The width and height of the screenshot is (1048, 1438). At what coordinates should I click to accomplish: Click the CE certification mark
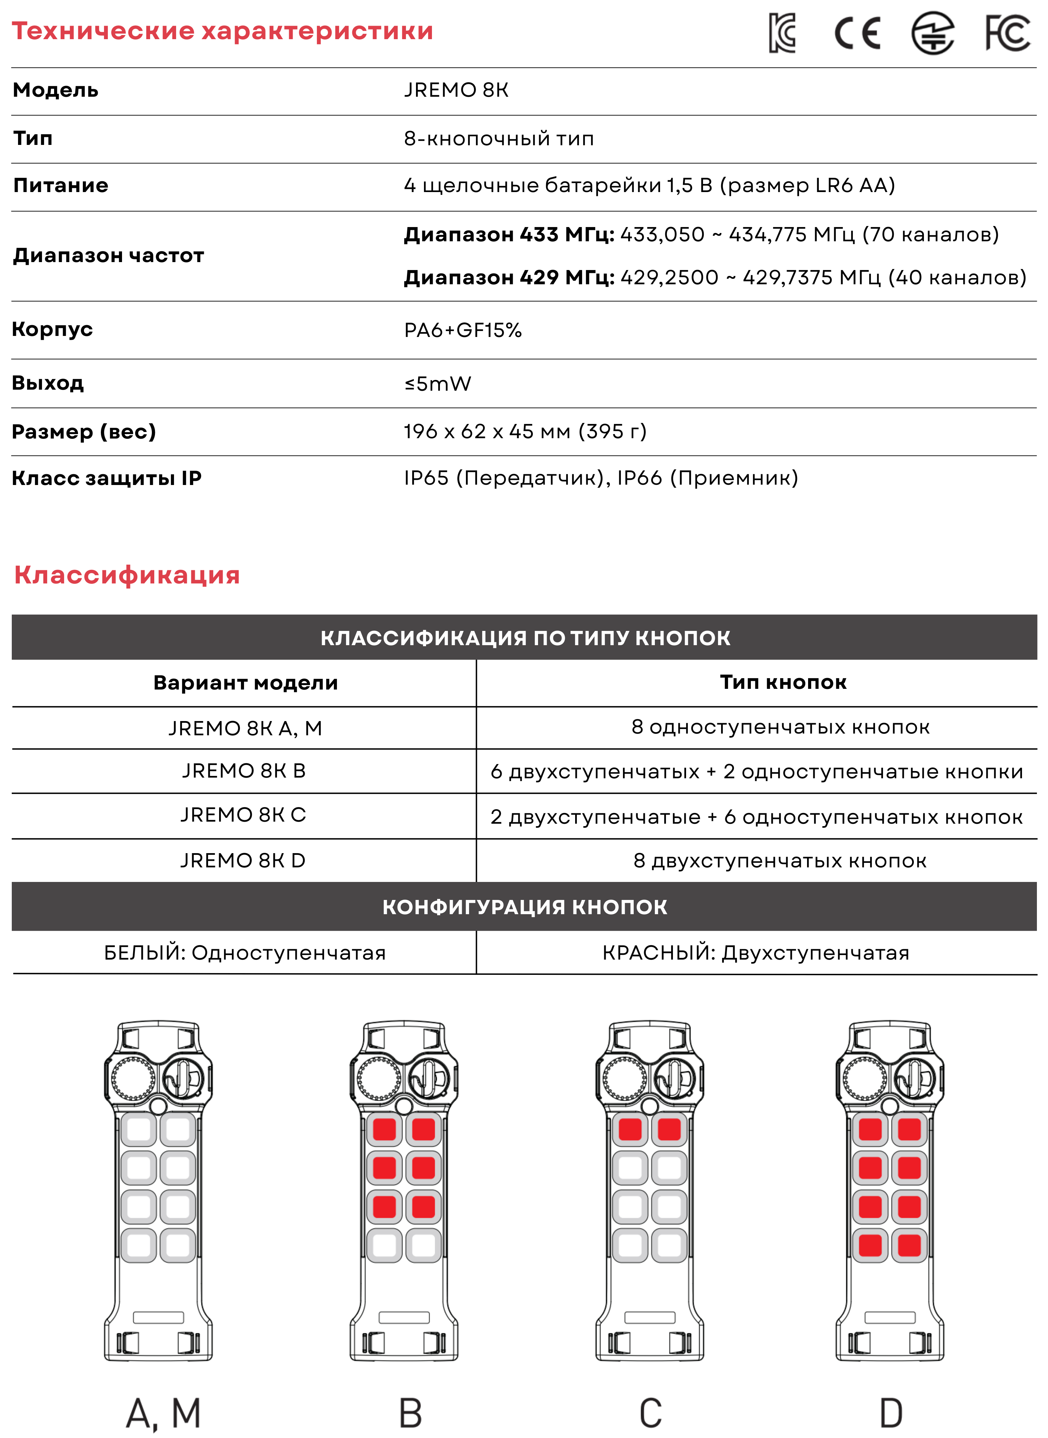[x=857, y=33]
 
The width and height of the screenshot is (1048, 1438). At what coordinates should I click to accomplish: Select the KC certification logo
[x=782, y=33]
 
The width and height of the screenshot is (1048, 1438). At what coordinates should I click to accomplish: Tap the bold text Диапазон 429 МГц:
[x=509, y=277]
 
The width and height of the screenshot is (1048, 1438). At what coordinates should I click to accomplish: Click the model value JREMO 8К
[x=456, y=90]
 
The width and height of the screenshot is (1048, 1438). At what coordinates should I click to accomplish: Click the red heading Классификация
[x=127, y=575]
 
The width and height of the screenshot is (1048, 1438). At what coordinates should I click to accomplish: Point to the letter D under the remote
[x=891, y=1413]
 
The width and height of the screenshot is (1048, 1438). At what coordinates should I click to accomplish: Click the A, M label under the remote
[x=164, y=1413]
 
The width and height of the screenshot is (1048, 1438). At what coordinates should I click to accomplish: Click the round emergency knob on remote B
[x=379, y=1078]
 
